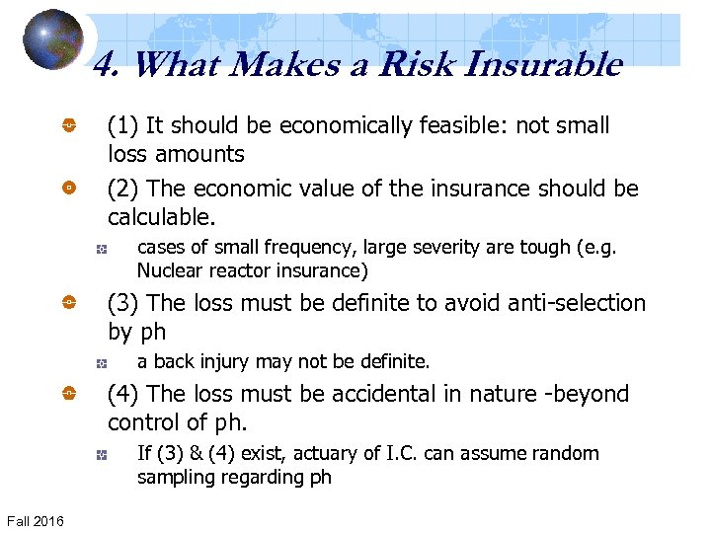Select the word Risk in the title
click(x=414, y=65)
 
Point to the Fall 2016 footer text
click(x=36, y=520)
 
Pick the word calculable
click(x=160, y=216)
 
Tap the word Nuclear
click(x=168, y=270)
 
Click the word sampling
click(x=175, y=477)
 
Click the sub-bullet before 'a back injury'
click(x=100, y=363)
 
